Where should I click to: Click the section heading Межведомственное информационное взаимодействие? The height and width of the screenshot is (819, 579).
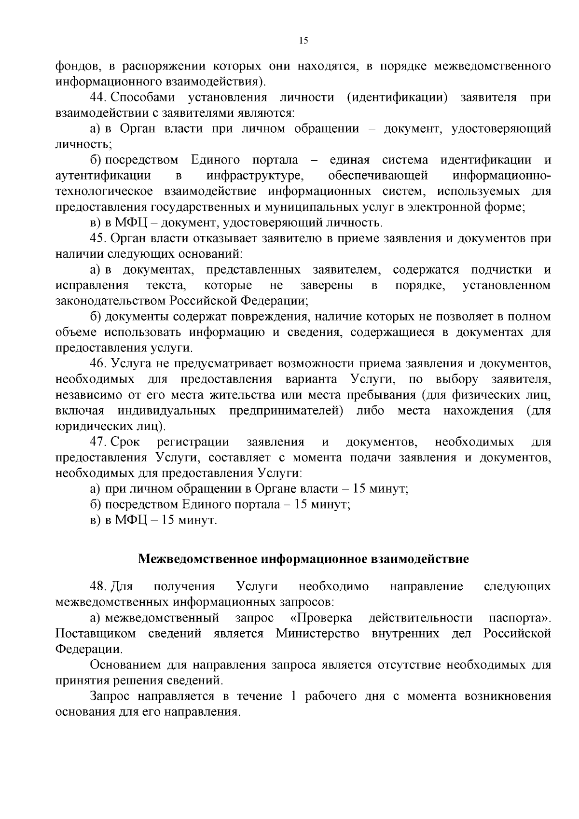303,559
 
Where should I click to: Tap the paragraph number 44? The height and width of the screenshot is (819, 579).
98,97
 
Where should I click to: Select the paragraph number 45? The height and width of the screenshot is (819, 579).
98,238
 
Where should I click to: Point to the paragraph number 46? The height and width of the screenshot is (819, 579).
98,363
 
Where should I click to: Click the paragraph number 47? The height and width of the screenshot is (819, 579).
98,442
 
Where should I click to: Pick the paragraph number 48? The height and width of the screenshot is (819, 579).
98,587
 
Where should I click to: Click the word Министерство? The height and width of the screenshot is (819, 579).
317,634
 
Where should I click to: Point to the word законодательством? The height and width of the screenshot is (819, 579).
110,301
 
